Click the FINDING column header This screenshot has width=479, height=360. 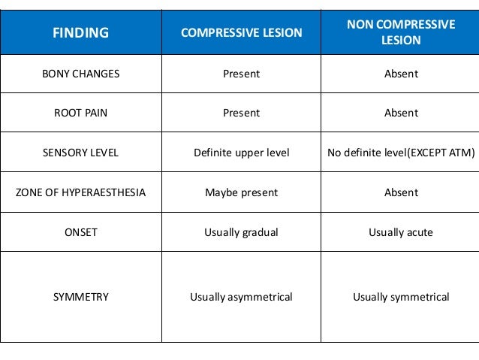click(80, 32)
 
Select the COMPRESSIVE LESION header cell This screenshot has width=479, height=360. click(241, 32)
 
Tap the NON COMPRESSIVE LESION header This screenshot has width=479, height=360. click(401, 32)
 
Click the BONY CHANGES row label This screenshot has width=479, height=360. click(80, 74)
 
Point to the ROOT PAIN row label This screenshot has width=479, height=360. click(80, 113)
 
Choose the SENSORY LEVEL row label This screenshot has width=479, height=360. click(80, 153)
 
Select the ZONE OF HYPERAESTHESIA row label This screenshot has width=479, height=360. click(80, 192)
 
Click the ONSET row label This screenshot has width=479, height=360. click(80, 232)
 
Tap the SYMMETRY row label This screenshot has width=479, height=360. click(80, 297)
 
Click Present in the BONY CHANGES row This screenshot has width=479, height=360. click(241, 74)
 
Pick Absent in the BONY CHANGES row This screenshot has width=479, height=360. click(401, 74)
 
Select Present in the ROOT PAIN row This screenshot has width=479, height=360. click(241, 113)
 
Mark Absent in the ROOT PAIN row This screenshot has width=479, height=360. click(401, 113)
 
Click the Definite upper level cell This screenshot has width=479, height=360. click(241, 153)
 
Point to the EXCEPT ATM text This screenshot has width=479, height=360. click(443, 153)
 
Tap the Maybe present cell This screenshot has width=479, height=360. click(241, 192)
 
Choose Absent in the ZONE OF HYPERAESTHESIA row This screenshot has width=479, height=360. click(401, 192)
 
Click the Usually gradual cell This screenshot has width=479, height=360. click(241, 232)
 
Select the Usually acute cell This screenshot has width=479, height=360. click(401, 232)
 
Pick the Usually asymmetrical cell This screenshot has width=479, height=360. click(241, 297)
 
